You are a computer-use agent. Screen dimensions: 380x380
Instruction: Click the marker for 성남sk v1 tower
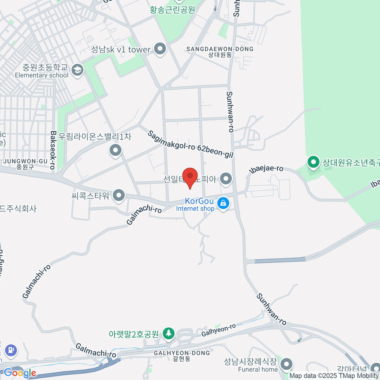click(x=160, y=49)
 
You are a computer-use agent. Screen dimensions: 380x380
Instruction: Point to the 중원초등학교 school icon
click(x=77, y=70)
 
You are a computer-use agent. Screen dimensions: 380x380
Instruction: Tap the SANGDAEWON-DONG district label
click(x=220, y=52)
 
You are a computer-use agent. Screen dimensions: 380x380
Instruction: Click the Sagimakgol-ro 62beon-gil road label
click(x=190, y=144)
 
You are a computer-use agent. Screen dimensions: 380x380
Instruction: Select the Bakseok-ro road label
click(x=53, y=150)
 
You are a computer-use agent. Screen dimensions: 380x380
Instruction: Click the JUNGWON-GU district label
click(x=25, y=164)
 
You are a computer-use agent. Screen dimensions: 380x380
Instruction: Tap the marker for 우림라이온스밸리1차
click(x=116, y=150)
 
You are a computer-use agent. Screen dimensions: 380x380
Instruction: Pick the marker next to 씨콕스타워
click(x=119, y=195)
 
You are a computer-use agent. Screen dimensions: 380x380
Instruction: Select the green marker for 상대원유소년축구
click(x=313, y=162)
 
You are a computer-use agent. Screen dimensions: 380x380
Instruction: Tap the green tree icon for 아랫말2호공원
click(x=168, y=333)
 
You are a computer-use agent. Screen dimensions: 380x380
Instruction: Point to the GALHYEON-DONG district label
click(x=182, y=355)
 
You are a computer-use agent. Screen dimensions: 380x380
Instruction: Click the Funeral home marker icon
click(x=287, y=364)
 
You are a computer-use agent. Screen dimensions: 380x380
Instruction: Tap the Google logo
click(x=20, y=373)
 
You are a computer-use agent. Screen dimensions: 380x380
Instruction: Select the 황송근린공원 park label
click(x=173, y=10)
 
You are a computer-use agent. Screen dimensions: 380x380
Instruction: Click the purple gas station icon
click(x=11, y=350)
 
